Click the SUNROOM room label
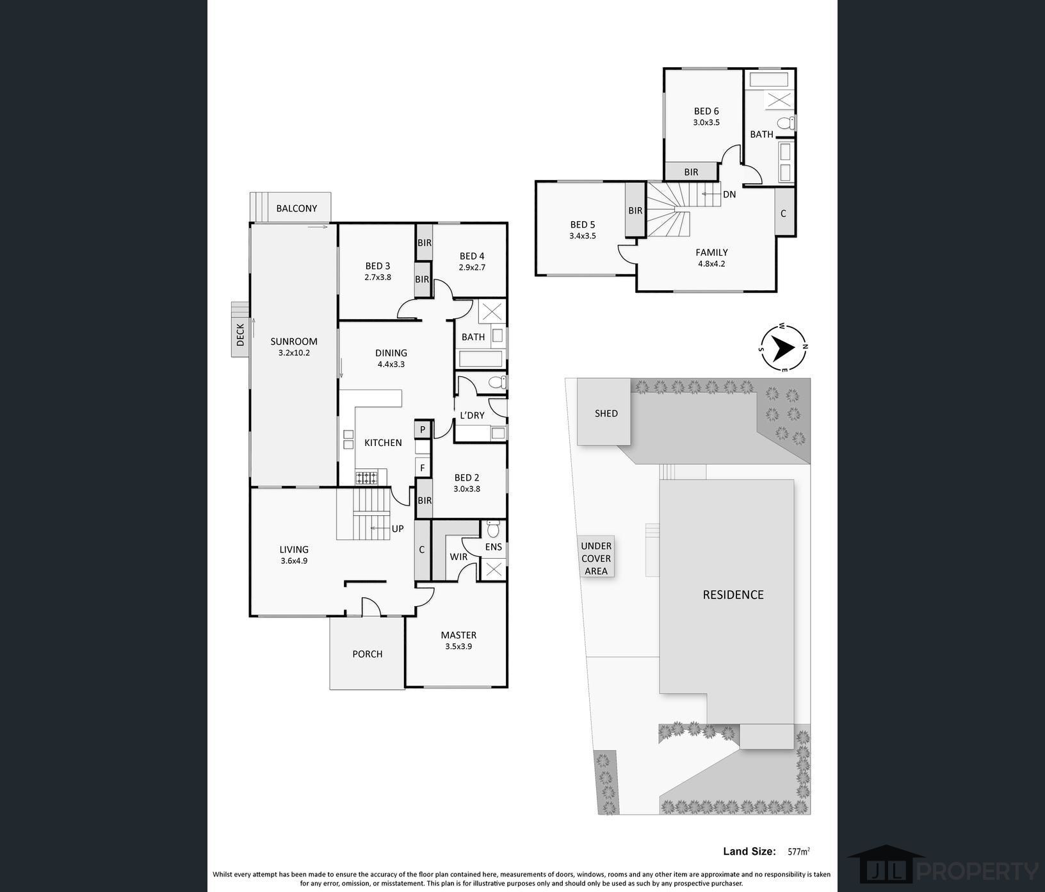294,342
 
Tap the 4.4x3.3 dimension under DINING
391,364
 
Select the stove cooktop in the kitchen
368,477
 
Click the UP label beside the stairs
398,529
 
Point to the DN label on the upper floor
729,194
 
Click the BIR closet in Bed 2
425,500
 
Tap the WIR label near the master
458,557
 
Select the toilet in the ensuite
492,529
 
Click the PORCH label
368,654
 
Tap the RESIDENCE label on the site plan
733,595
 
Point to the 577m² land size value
798,852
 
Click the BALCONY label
296,208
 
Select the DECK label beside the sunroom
241,334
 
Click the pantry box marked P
423,429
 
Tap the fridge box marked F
423,468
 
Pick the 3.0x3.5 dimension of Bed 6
706,122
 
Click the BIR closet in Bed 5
635,210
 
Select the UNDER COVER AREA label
596,558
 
